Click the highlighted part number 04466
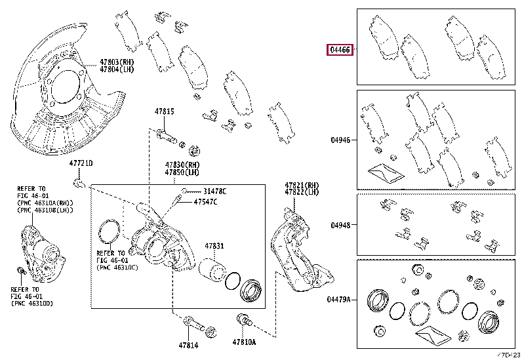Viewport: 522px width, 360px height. (x=340, y=50)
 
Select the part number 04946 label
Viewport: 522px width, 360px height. (x=340, y=140)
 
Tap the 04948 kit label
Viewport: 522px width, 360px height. (x=340, y=225)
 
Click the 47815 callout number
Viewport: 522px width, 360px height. (x=164, y=112)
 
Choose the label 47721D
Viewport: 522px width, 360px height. (x=81, y=163)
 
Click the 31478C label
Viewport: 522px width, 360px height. (x=214, y=191)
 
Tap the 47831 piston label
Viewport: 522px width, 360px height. (x=214, y=246)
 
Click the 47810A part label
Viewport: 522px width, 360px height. (x=244, y=342)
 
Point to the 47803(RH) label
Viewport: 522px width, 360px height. (x=117, y=62)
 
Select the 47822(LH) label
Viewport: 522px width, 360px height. (x=302, y=192)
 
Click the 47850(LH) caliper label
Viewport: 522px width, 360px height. (x=182, y=172)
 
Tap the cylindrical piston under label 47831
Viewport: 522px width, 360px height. (x=212, y=271)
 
